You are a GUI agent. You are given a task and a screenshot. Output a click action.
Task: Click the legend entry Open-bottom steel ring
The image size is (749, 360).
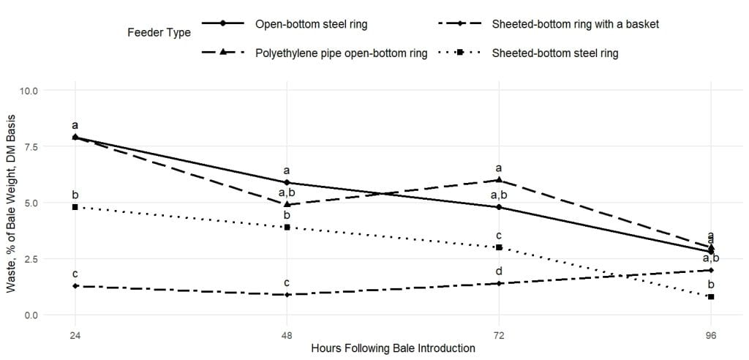click(x=312, y=24)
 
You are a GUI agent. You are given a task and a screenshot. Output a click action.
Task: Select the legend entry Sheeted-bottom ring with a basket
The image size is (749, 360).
click(x=575, y=24)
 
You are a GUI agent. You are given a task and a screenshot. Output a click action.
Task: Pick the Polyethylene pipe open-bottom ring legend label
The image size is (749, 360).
click(x=341, y=53)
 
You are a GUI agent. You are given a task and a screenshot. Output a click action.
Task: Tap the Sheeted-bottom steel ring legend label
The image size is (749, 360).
click(x=554, y=53)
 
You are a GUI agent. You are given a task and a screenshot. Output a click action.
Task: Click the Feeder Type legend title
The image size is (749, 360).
click(x=159, y=32)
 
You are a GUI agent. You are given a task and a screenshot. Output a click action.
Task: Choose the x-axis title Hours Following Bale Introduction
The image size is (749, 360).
click(x=393, y=348)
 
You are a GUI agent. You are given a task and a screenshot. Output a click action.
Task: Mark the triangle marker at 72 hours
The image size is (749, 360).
click(x=499, y=179)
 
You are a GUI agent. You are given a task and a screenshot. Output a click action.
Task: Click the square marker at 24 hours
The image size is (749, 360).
click(x=75, y=207)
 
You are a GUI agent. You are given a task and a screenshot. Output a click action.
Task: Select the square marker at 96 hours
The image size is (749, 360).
click(x=711, y=297)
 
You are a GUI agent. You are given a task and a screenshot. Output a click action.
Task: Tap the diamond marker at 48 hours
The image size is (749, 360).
click(x=287, y=294)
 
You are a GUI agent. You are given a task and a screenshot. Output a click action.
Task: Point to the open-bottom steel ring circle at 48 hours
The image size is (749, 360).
click(x=287, y=182)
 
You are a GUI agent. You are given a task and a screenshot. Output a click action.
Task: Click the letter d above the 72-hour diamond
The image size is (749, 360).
click(x=499, y=271)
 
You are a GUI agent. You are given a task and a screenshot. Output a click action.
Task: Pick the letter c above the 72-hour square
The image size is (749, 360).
click(x=499, y=236)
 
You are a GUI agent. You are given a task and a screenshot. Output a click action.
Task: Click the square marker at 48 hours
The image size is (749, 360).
click(x=287, y=227)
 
